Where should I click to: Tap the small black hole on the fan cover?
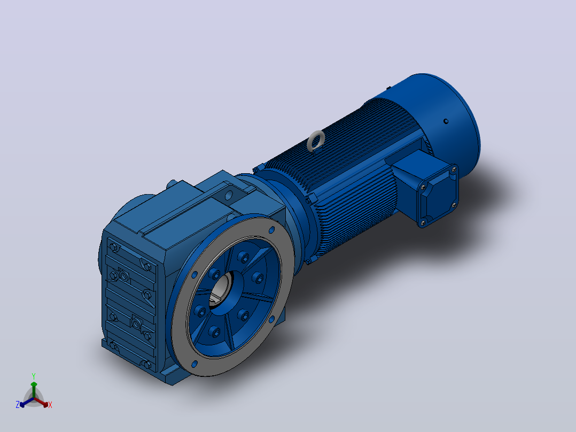click(446, 121)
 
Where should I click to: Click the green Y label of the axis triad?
click(34, 376)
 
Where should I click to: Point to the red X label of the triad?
click(50, 405)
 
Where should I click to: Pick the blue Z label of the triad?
click(17, 405)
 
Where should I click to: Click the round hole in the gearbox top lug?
click(229, 195)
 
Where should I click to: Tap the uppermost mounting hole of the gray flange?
click(271, 230)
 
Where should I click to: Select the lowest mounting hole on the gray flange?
click(194, 364)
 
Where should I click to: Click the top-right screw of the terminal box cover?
click(454, 169)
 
